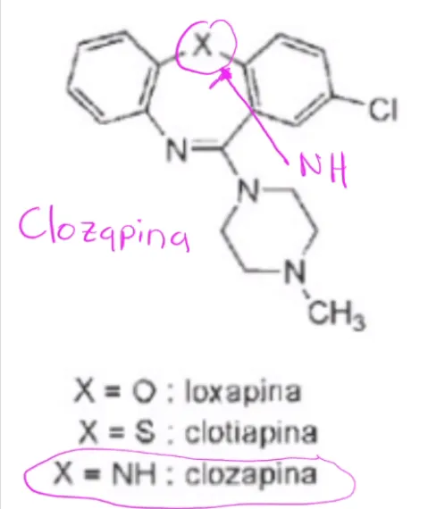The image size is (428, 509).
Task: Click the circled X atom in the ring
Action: tap(203, 45)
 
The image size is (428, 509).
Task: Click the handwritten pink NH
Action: tap(323, 170)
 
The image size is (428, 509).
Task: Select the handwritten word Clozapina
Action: tap(104, 229)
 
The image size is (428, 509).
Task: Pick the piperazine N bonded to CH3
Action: tap(295, 271)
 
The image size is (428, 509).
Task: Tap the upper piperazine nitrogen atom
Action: tap(248, 189)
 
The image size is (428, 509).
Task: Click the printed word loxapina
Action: tap(243, 391)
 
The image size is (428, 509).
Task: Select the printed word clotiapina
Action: tap(251, 431)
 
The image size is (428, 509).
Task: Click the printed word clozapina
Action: tap(251, 474)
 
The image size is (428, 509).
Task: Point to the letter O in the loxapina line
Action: tap(143, 392)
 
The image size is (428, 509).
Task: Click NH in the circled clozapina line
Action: tap(133, 473)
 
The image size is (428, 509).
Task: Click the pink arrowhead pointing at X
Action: tap(225, 74)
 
